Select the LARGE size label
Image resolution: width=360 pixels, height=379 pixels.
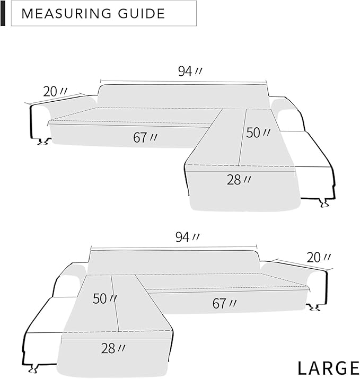click(328, 367)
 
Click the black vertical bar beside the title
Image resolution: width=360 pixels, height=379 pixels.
click(3, 13)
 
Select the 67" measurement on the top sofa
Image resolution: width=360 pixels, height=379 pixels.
click(145, 137)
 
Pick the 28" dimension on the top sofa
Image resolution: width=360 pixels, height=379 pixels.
click(239, 180)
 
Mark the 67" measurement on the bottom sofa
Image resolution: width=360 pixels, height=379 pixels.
click(224, 304)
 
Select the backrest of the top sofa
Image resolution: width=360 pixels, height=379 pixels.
click(183, 95)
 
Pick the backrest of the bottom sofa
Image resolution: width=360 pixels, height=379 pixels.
click(174, 262)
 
